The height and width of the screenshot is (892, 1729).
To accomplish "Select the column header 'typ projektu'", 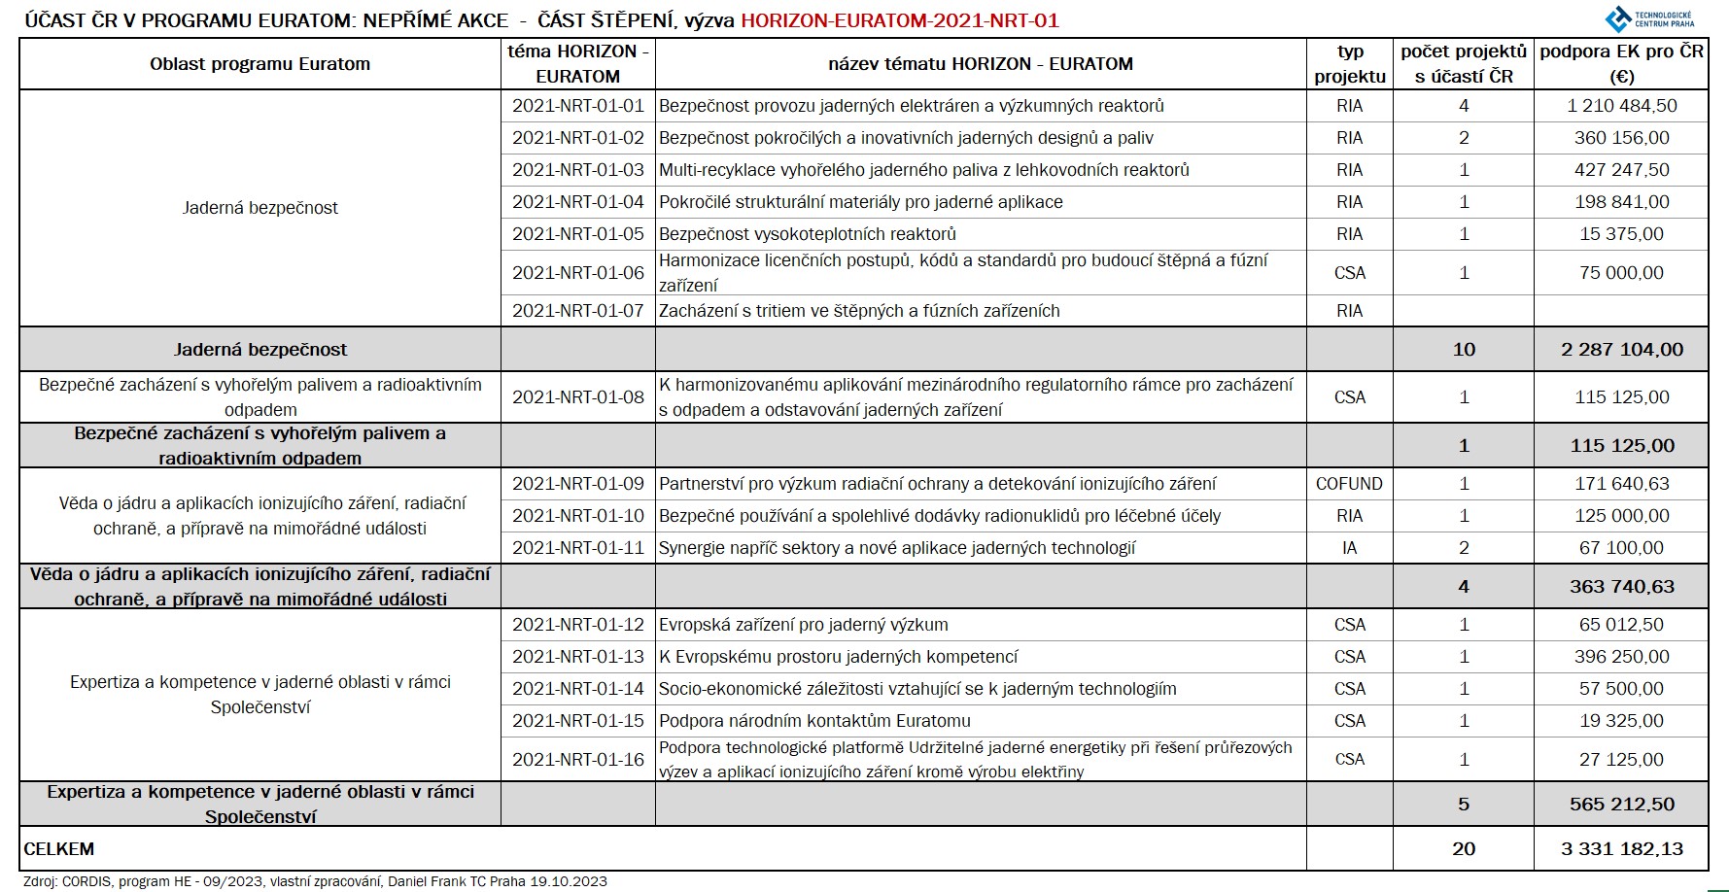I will [x=1349, y=64].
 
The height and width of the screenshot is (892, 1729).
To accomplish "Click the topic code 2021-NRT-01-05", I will [x=577, y=234].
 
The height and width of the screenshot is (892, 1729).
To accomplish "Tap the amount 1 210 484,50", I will [x=1621, y=106].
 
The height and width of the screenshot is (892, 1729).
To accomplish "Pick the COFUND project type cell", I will [x=1349, y=484].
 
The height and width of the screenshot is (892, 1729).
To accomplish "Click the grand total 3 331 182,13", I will [x=1621, y=849].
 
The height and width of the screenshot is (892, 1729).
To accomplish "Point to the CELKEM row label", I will [x=59, y=849].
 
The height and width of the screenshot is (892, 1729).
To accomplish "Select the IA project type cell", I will [x=1349, y=548].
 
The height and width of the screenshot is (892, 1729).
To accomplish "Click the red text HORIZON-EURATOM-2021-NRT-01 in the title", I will [x=899, y=20].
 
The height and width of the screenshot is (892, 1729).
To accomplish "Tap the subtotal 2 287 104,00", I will [x=1621, y=350].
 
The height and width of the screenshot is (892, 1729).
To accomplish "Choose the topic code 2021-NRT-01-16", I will [x=577, y=760].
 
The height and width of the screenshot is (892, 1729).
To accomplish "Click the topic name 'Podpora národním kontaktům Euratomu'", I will [x=814, y=721].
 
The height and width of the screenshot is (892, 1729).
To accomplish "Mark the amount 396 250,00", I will [x=1621, y=657].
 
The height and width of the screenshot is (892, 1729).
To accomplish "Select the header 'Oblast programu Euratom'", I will [x=259, y=64].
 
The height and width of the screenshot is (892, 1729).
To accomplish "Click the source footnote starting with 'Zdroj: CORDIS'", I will [x=315, y=882].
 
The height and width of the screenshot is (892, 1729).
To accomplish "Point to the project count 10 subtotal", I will [x=1464, y=350].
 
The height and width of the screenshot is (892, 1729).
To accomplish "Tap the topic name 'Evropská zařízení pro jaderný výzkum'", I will [x=803, y=625].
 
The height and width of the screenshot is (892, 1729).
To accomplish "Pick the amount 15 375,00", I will [x=1621, y=234].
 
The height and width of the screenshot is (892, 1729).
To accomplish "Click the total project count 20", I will [x=1464, y=849].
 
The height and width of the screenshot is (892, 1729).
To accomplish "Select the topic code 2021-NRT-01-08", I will [x=577, y=397].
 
